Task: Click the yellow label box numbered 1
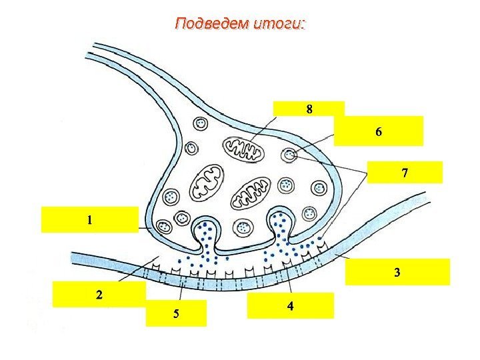[90, 219]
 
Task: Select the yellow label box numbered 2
[99, 294]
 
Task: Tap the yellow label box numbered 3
[397, 272]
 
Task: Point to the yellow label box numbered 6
[379, 131]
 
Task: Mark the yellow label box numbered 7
[405, 172]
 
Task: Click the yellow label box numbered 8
[309, 108]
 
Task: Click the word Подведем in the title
[211, 25]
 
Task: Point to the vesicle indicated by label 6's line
[289, 155]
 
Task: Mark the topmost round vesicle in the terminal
[201, 123]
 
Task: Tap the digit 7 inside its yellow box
[405, 173]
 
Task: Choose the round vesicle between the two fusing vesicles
[243, 225]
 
